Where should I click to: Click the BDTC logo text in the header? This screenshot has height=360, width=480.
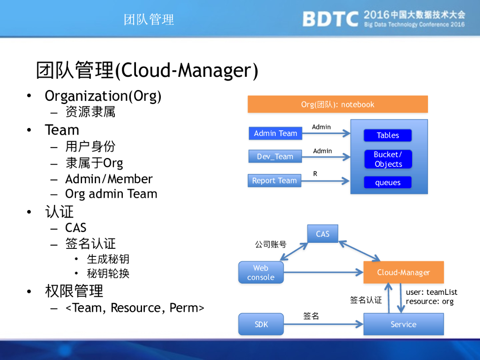[x=330, y=19]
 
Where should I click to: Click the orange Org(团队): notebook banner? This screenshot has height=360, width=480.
[x=337, y=104]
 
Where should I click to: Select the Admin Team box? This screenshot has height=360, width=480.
[x=275, y=134]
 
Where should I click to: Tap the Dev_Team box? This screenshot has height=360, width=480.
[x=275, y=157]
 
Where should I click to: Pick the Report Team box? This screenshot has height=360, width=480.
[x=274, y=180]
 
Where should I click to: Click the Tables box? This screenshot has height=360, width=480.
[x=388, y=135]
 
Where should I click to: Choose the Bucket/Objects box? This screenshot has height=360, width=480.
[x=388, y=159]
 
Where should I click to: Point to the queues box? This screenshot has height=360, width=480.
[x=388, y=183]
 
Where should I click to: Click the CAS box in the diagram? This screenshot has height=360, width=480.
[x=322, y=234]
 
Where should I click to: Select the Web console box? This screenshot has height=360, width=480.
[x=261, y=272]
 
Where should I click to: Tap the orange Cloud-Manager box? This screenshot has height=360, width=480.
[x=403, y=272]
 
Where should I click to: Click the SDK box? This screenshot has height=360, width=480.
[x=261, y=324]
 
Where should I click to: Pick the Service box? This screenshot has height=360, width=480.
[x=403, y=324]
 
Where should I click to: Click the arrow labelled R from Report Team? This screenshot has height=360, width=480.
[x=326, y=180]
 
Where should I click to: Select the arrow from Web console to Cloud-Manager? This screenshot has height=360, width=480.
[x=323, y=272]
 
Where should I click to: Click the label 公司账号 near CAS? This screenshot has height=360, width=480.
[x=270, y=244]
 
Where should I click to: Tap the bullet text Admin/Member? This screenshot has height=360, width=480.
[x=109, y=179]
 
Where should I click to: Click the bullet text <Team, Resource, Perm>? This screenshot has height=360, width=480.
[x=135, y=308]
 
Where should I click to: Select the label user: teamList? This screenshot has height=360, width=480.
[x=431, y=292]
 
